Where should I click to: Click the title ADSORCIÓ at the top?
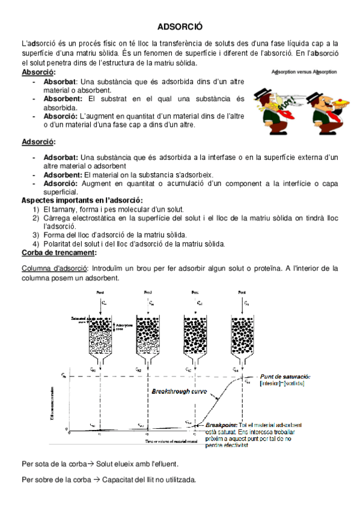coord(180,26)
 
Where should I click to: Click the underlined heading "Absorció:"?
coord(38,73)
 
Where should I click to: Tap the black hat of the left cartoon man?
coord(265,90)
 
